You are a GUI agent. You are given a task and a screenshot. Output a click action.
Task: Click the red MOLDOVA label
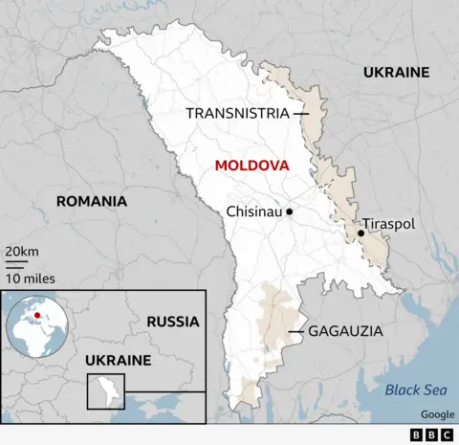pos(251,166)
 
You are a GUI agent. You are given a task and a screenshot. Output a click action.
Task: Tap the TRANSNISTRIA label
pos(237,113)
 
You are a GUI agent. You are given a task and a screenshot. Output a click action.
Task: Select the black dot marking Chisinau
pos(289,211)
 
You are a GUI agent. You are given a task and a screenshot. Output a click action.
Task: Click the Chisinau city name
pos(254,211)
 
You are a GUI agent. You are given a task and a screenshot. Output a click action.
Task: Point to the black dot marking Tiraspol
pos(361,233)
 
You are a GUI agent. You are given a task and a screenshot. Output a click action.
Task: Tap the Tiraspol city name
pos(388,223)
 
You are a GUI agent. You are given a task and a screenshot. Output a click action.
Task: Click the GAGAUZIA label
pos(345,331)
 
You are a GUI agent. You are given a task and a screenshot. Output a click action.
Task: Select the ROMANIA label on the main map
pos(92,201)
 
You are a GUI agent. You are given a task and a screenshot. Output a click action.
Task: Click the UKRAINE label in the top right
pos(396,72)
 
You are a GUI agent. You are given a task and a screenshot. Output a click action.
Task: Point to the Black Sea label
pos(416,389)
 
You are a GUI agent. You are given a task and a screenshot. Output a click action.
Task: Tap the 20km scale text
pos(22,252)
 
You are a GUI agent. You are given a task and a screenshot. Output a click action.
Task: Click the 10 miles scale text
pos(30,278)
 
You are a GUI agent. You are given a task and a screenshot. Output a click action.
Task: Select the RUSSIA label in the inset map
pos(173,322)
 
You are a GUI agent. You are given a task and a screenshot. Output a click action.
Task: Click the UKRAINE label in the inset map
pos(119,360)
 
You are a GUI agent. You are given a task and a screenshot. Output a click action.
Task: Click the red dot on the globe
pos(37,312)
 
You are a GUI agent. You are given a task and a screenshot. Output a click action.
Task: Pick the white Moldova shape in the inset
pos(105,389)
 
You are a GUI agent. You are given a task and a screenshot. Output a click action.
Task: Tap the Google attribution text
pos(436,414)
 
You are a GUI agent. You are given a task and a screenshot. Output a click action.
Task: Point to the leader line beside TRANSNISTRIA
pos(301,113)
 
